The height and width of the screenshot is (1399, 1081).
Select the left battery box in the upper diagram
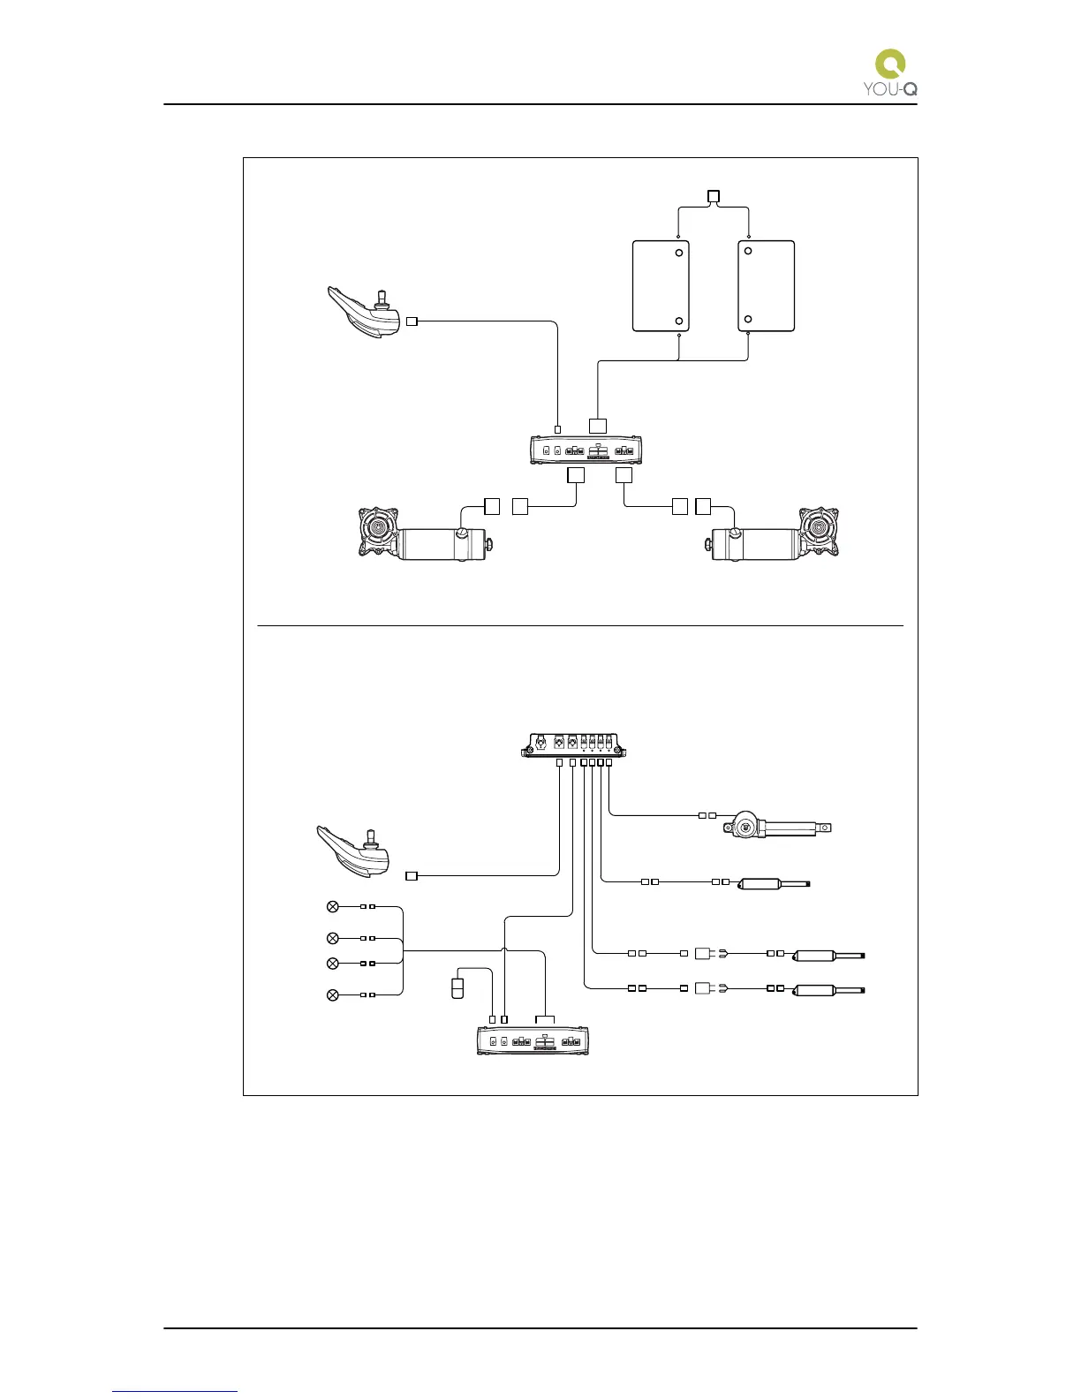pos(661,286)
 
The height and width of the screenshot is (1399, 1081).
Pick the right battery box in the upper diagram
pos(766,286)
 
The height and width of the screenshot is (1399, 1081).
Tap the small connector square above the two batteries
pos(714,195)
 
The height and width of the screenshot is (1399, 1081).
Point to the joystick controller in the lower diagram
pos(355,851)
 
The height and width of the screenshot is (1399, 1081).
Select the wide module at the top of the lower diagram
pos(574,745)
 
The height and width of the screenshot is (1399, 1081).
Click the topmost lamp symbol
pos(333,906)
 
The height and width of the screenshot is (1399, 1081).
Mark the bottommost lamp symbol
pos(333,995)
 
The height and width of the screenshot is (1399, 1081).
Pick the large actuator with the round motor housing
pos(777,827)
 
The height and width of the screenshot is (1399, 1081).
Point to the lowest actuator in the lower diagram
pos(829,990)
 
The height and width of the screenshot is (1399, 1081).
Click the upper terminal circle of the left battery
pos(678,253)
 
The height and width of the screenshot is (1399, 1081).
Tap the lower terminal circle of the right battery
pos(748,319)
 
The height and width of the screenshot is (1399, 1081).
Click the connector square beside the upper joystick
pos(412,321)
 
